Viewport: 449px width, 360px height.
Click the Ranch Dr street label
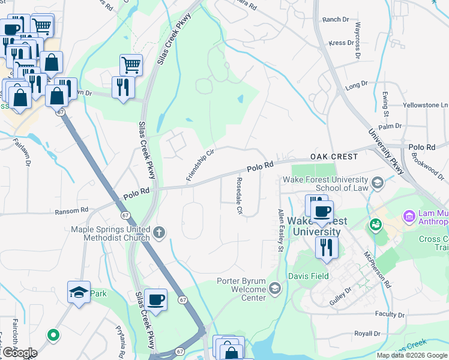pos(336,20)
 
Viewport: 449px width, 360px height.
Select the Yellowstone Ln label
pos(423,105)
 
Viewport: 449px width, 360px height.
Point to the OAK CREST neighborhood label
pos(334,157)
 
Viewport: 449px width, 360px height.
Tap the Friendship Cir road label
pos(200,165)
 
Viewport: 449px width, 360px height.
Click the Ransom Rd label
pos(71,211)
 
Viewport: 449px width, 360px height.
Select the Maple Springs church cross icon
pos(159,233)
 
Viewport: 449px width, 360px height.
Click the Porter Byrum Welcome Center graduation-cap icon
pos(275,289)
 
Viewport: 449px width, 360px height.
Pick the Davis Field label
pos(308,277)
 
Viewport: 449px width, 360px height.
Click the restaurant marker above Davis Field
pos(327,247)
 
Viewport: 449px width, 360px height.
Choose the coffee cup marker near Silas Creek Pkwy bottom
pos(156,299)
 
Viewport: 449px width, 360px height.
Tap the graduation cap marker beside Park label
pos(79,292)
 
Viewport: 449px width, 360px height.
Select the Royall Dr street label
pos(367,333)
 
